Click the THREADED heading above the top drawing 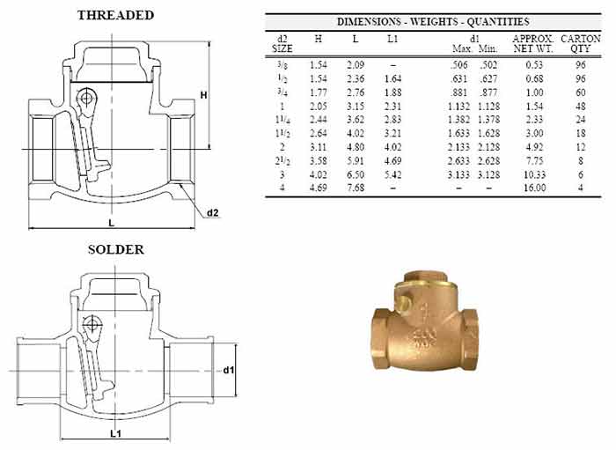click(115, 15)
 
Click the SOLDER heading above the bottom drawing click(116, 250)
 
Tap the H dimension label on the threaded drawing click(204, 95)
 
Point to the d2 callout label click(213, 213)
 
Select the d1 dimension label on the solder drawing click(228, 370)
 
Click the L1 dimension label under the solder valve click(115, 434)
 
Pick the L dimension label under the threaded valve click(112, 223)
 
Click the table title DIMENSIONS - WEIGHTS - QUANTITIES click(433, 22)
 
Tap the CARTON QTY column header click(580, 44)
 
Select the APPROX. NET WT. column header click(533, 44)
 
